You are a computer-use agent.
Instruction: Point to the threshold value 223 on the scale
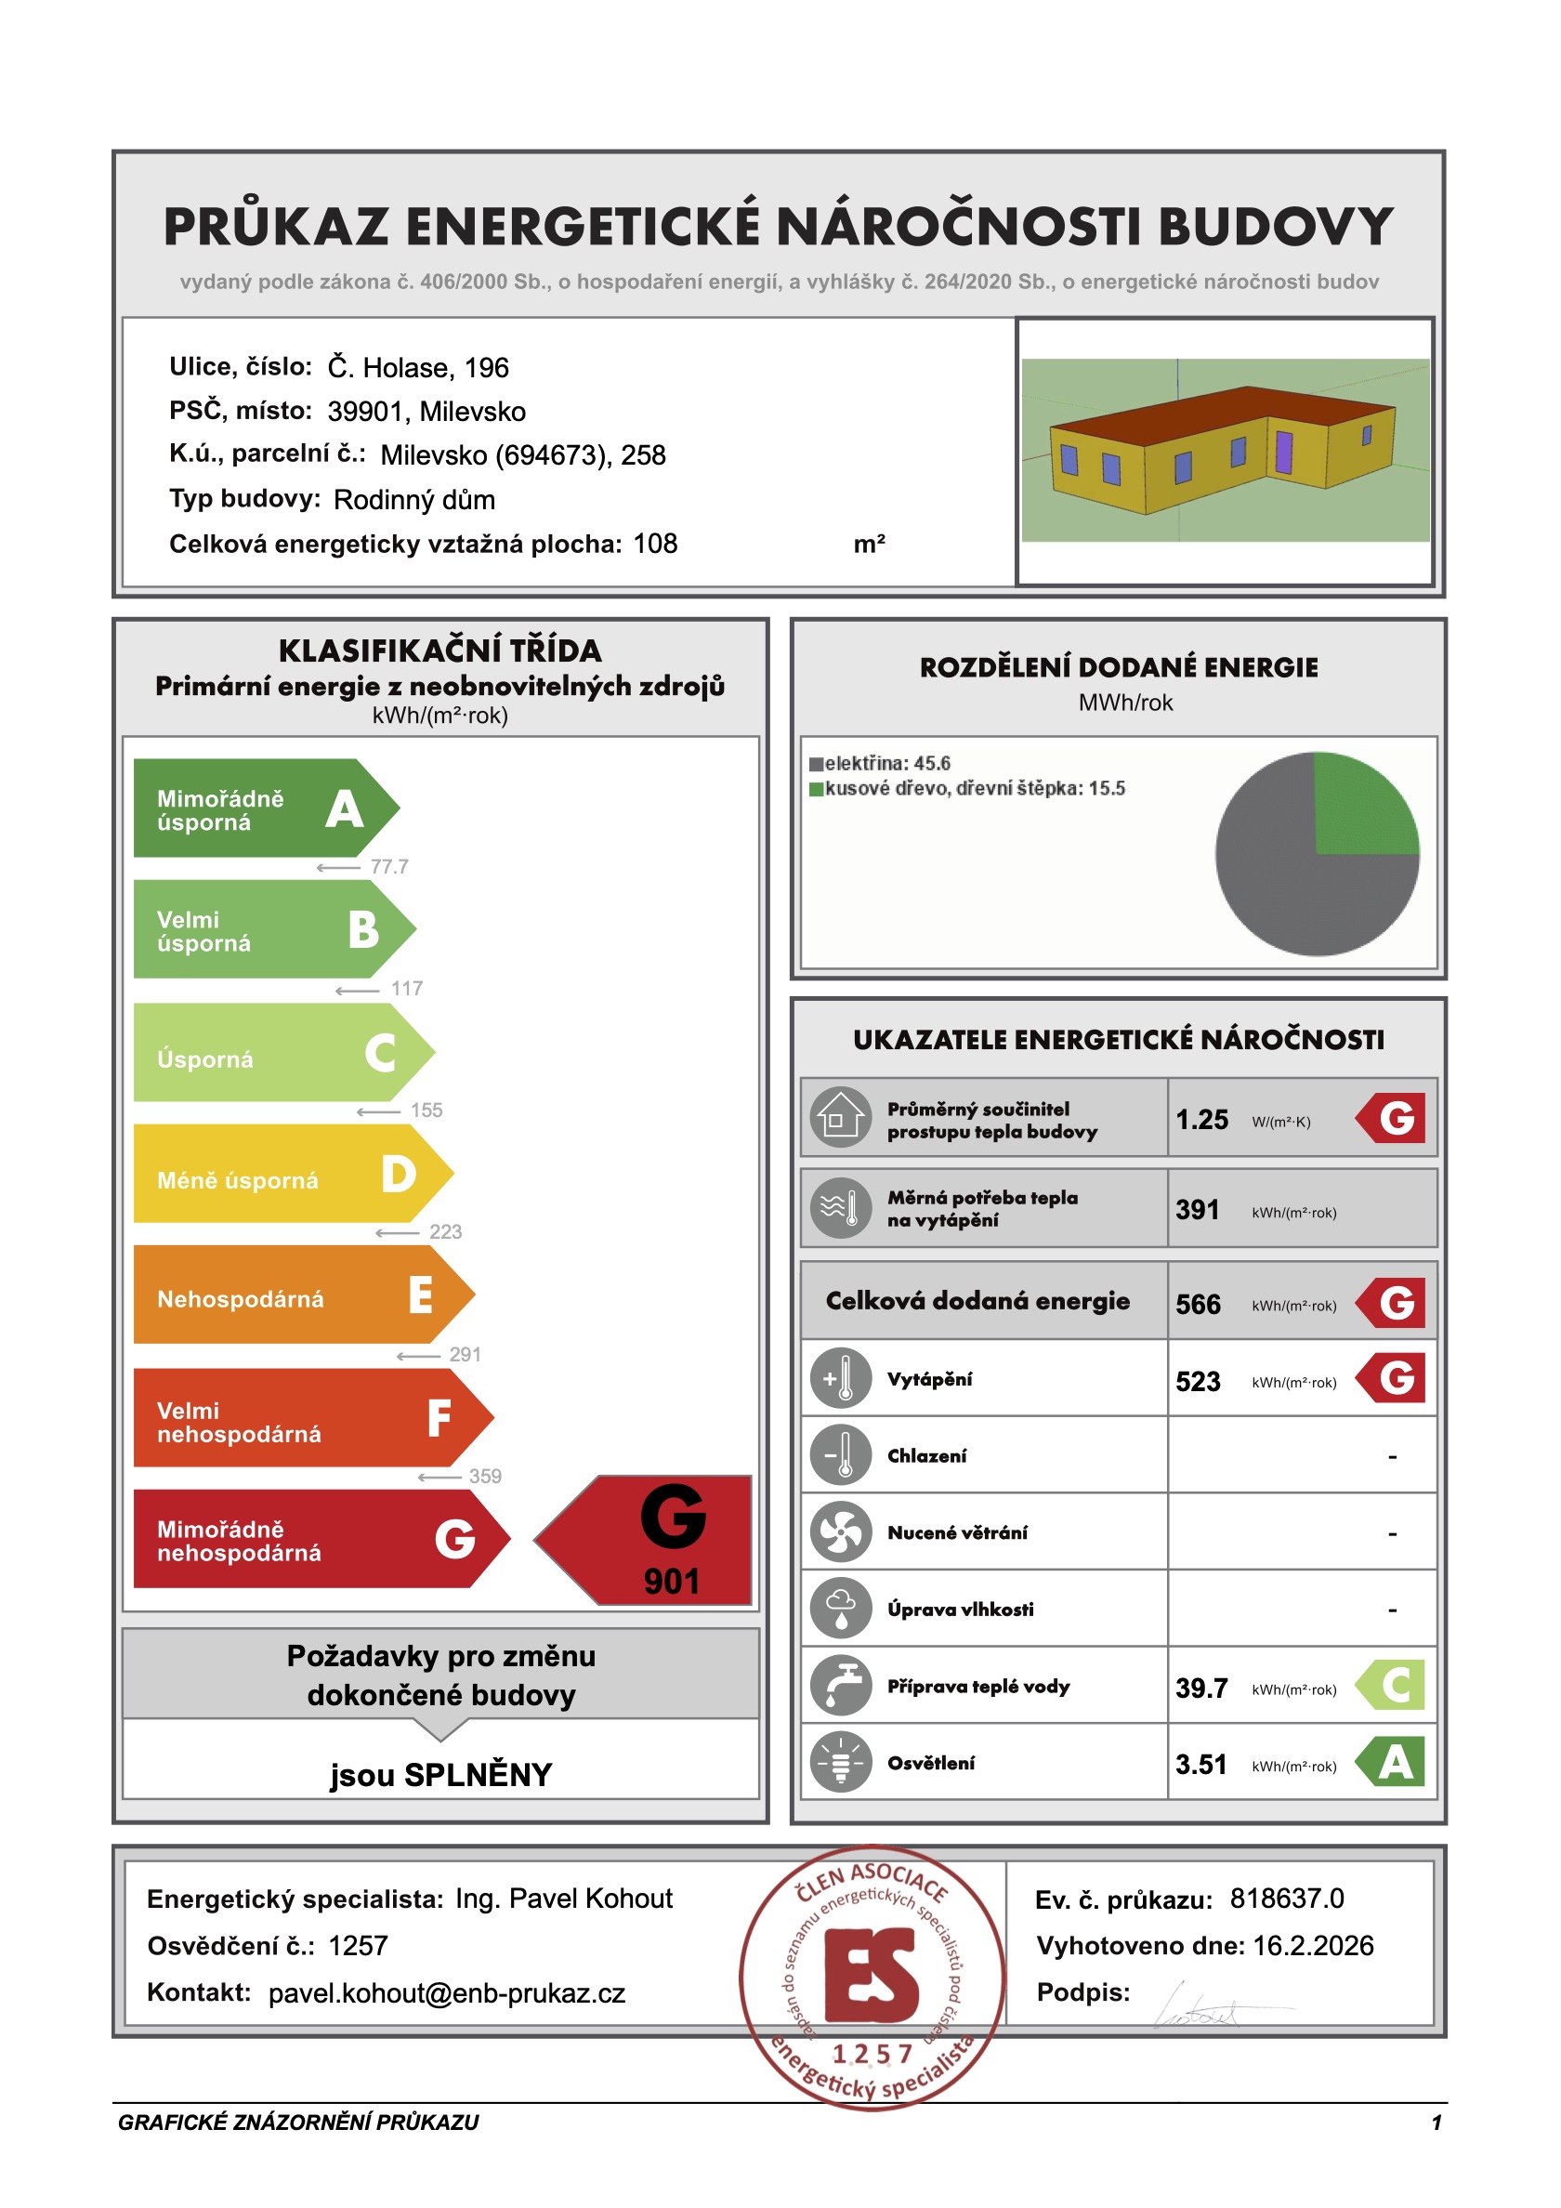(445, 1232)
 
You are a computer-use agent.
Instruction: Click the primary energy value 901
(672, 1582)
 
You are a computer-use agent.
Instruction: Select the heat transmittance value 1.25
(1201, 1120)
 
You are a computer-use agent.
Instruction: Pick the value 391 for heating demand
(1197, 1210)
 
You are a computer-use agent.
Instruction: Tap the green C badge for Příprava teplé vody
(1392, 1685)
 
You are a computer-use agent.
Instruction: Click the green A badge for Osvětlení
(1392, 1762)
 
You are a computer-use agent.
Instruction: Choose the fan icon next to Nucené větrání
(841, 1532)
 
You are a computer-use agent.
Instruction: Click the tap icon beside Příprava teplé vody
(841, 1686)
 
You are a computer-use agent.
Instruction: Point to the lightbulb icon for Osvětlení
(841, 1763)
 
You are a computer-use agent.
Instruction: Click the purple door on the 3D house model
(1283, 453)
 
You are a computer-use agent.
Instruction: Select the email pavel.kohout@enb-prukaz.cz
(446, 1993)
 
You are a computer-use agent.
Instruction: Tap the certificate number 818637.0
(1287, 1899)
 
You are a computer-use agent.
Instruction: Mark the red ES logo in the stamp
(871, 1976)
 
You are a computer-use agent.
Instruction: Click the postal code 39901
(364, 412)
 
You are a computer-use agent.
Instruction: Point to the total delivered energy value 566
(1198, 1305)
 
